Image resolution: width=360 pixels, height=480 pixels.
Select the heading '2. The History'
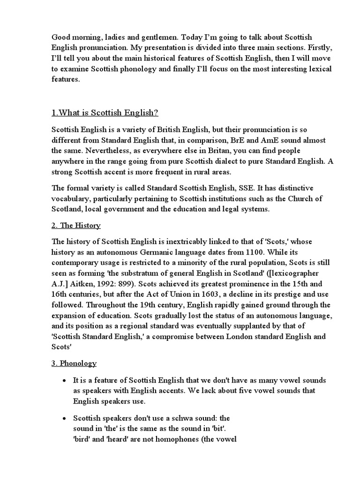coord(76,225)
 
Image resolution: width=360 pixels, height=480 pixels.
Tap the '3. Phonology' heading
coord(74,363)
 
